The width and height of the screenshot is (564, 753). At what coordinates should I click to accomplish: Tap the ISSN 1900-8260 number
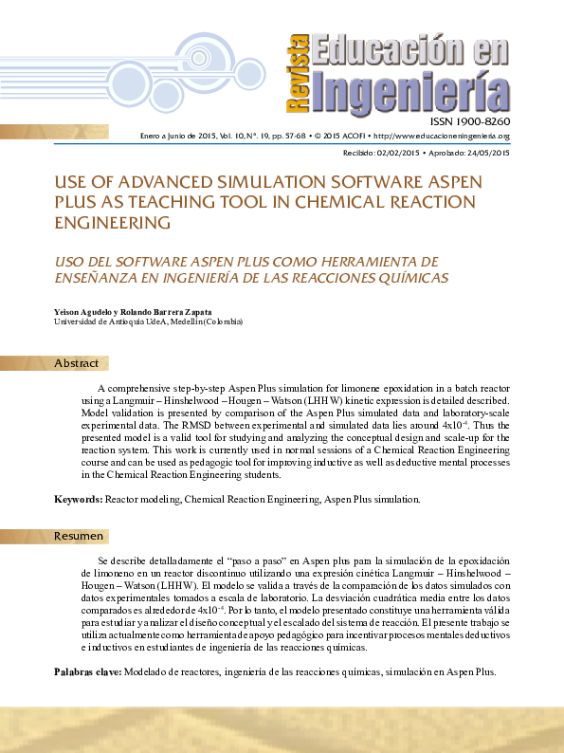(x=470, y=122)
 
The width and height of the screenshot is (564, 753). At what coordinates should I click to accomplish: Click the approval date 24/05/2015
(x=486, y=153)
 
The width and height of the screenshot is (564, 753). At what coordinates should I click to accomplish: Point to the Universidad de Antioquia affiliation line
(x=148, y=321)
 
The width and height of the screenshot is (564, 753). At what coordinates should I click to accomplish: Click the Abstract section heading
(x=76, y=364)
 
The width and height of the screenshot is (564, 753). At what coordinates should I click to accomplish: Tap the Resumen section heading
(x=78, y=536)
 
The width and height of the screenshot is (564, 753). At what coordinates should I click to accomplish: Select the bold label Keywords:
(x=78, y=498)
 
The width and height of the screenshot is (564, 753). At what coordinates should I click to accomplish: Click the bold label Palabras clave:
(x=86, y=671)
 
